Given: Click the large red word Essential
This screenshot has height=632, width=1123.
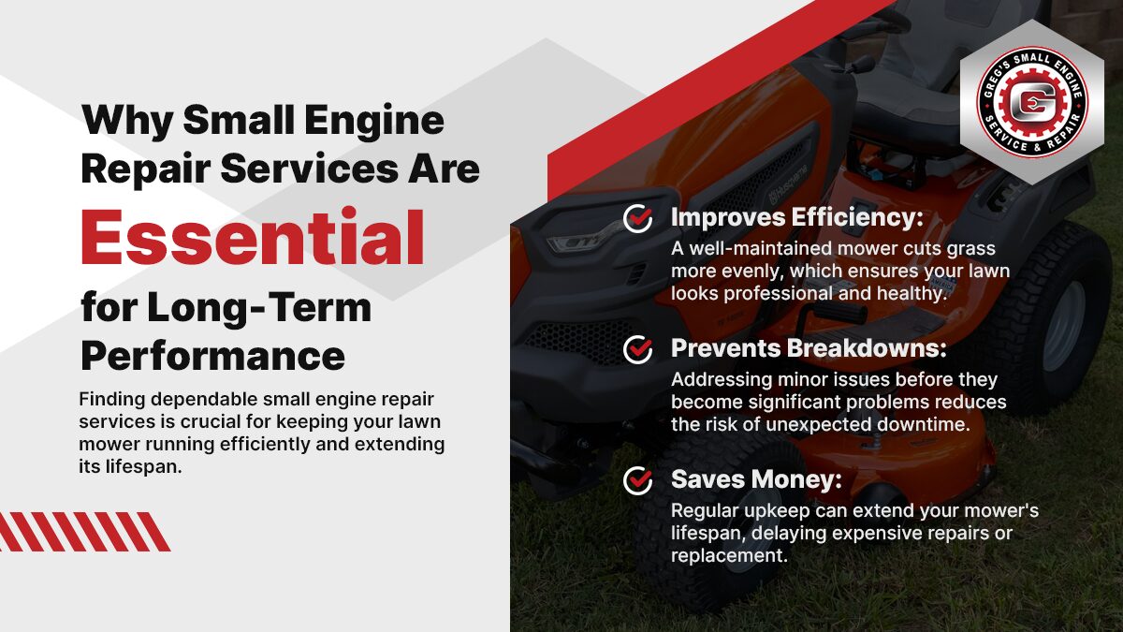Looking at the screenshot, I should tap(253, 238).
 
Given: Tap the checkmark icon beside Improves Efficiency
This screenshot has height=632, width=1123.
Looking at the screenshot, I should tap(638, 218).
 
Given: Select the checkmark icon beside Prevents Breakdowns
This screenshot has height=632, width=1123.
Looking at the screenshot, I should tap(638, 349).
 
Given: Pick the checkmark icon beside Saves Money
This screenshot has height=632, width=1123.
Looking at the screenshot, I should tap(638, 480).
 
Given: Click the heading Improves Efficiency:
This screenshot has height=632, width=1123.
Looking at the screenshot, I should tap(796, 218).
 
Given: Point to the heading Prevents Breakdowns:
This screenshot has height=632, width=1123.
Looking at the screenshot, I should tap(809, 349).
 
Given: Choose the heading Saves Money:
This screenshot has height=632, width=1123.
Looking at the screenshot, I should tap(756, 480).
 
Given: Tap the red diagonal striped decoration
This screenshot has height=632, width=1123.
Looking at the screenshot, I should tap(84, 532).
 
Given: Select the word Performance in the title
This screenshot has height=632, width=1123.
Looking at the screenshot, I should tap(212, 356).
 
